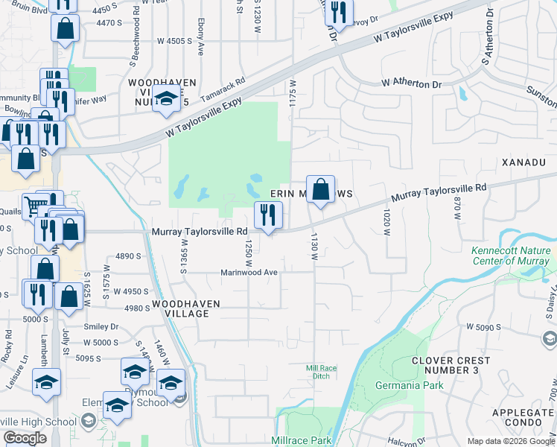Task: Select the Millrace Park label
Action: pyautogui.click(x=301, y=440)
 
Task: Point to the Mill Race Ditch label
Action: pyautogui.click(x=322, y=372)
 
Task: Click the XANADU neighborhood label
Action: pyautogui.click(x=529, y=162)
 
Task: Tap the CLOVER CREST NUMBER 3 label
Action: pyautogui.click(x=451, y=365)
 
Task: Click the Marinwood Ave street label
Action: pyautogui.click(x=249, y=273)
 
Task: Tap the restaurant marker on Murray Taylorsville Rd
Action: pyautogui.click(x=268, y=215)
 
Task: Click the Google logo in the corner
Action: pyautogui.click(x=25, y=438)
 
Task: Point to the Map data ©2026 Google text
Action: pyautogui.click(x=511, y=441)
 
